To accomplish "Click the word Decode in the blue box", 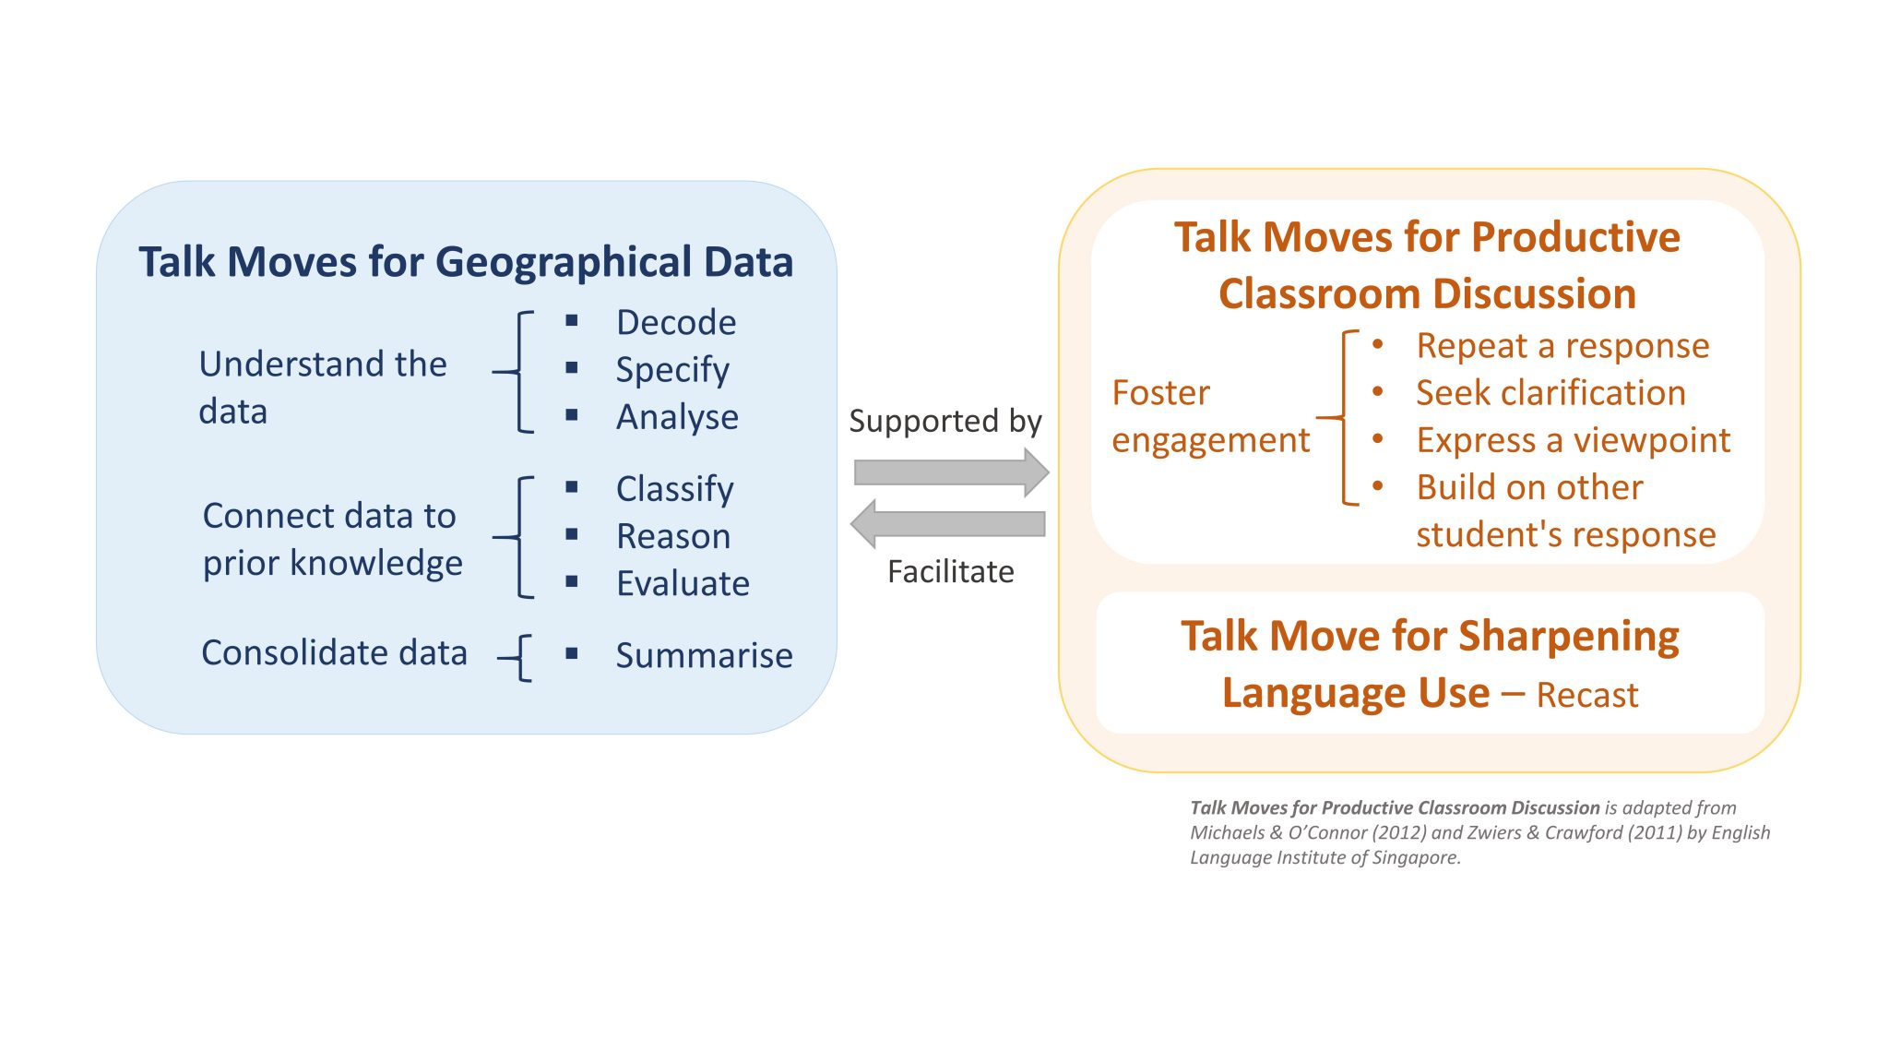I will pos(676,323).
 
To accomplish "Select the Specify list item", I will pos(672,370).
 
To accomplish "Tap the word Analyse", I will pos(677,417).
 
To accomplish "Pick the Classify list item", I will pos(674,489).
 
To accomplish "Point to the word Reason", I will pos(673,536).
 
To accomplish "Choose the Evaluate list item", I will pos(683,583).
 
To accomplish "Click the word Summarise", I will pos(704,655).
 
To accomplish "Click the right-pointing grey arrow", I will pos(951,472).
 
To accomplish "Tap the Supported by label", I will pos(945,421).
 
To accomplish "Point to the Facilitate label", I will pos(950,572).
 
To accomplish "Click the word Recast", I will pos(1586,695).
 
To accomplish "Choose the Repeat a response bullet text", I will pos(1562,346).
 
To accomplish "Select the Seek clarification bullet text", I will pos(1550,393).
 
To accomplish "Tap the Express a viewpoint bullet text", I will pos(1573,440).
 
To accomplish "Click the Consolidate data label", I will pos(334,653).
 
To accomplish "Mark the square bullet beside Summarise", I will pos(572,653).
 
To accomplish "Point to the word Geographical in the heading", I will pos(563,262).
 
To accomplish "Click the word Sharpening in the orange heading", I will pos(1568,637).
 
